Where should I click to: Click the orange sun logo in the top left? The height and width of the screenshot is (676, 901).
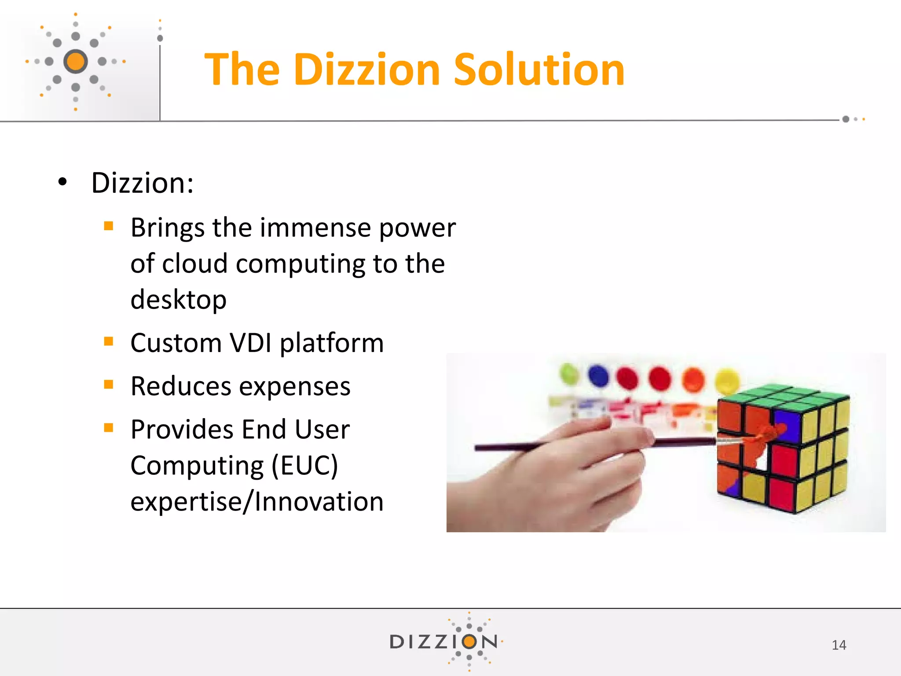tap(76, 61)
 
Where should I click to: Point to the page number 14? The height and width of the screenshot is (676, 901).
tap(839, 645)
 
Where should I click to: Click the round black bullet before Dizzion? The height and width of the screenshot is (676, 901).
tap(62, 182)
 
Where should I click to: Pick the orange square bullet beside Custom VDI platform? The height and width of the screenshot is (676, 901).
tap(109, 341)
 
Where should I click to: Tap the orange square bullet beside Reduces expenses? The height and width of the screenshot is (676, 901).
tap(109, 385)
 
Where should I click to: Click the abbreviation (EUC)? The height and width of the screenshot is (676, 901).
tap(304, 466)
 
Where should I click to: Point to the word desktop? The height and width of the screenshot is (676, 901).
tap(179, 300)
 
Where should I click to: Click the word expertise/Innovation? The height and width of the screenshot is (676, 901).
tap(257, 502)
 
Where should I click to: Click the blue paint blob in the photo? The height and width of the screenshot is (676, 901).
tap(598, 375)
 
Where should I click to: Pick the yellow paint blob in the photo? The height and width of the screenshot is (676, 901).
tap(727, 379)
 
